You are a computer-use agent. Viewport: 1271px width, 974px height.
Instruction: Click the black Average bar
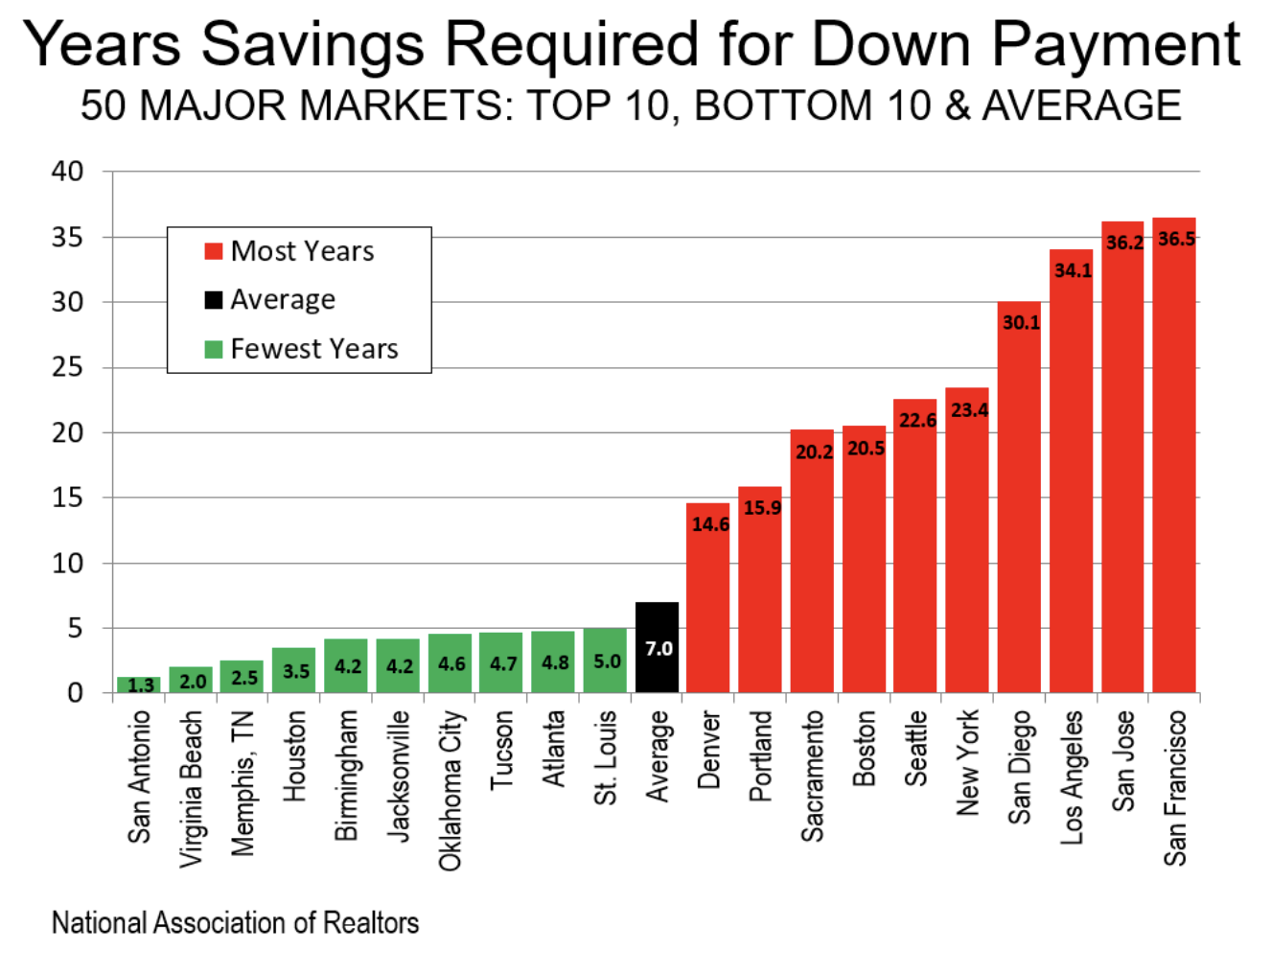tap(657, 647)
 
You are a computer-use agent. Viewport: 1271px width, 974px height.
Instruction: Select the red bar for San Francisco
tap(1174, 460)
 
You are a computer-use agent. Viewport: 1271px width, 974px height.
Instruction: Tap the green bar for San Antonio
tap(140, 684)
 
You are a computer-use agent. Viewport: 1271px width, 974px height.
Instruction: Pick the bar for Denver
tap(708, 599)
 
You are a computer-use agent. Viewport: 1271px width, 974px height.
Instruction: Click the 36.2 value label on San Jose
tap(1124, 243)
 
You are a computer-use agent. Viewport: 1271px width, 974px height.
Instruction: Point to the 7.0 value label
tap(659, 649)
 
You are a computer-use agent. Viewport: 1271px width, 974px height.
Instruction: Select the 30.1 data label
tap(1021, 322)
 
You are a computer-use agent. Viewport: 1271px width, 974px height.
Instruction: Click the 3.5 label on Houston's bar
tap(296, 671)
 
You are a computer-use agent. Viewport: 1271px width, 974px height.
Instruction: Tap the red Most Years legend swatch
tap(214, 251)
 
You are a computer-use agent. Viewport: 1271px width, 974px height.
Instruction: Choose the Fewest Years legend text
tap(314, 349)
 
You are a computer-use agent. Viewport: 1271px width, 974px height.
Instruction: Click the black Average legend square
tap(214, 300)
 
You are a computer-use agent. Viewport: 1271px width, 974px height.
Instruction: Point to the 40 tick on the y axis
tap(68, 172)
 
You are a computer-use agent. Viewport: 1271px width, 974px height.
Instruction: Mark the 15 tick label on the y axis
tap(68, 498)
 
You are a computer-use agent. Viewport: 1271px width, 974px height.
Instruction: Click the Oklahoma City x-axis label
tap(451, 790)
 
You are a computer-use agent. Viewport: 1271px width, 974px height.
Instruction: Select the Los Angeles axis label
tap(1072, 777)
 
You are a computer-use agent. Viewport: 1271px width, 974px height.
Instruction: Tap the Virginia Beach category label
tap(192, 788)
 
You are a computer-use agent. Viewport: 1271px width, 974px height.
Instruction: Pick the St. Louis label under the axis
tap(605, 757)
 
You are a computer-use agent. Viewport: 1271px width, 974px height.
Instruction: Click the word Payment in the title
tap(1115, 44)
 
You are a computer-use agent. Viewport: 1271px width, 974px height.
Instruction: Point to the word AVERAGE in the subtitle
tap(1081, 104)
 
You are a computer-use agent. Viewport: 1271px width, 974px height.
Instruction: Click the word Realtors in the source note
tap(371, 922)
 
